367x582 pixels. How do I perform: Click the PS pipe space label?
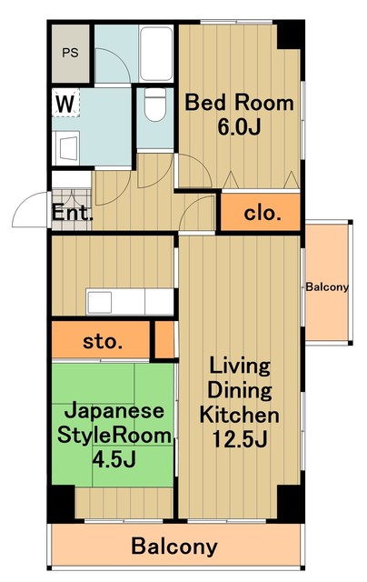(70, 52)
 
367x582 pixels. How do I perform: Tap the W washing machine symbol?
(64, 102)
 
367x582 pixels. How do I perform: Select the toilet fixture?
(154, 107)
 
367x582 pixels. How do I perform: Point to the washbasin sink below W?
(65, 145)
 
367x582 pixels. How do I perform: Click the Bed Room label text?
(240, 103)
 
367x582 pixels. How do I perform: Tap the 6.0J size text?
(240, 127)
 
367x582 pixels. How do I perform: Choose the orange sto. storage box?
(102, 342)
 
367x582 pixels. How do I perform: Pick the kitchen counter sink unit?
(127, 300)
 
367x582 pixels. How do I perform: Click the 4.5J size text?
(114, 460)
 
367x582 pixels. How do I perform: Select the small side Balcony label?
(327, 287)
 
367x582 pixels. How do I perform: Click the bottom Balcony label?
(174, 547)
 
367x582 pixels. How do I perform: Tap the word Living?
(240, 366)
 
